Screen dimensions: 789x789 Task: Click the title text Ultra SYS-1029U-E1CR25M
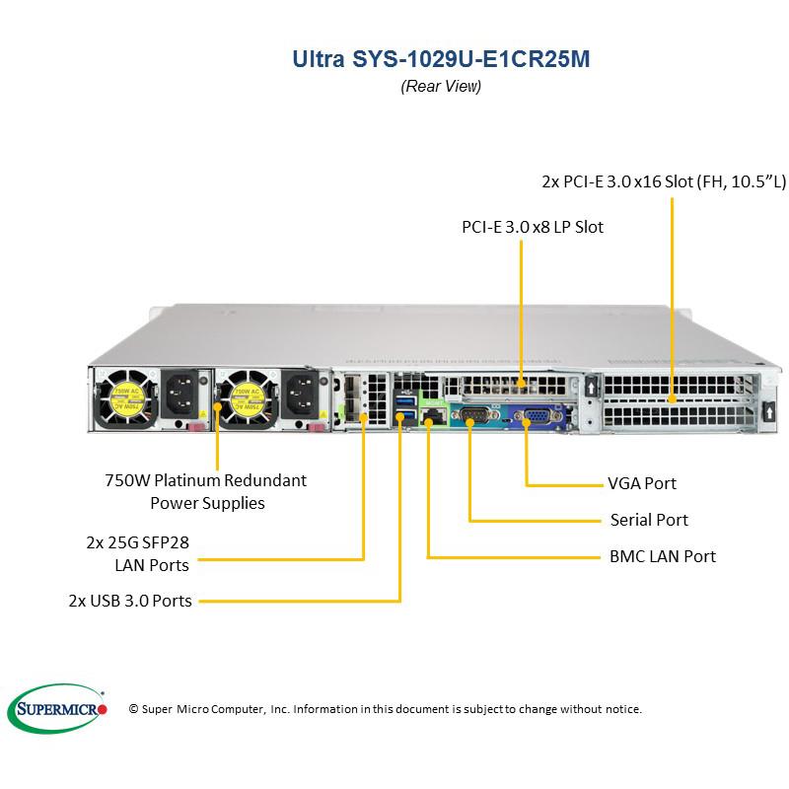click(x=441, y=59)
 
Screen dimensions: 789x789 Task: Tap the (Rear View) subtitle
click(x=441, y=87)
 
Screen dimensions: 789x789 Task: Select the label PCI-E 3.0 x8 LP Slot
click(x=533, y=227)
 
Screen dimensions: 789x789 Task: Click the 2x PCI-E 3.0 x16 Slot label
click(x=664, y=181)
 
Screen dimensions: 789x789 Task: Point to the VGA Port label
click(x=641, y=484)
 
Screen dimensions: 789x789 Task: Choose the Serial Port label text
click(x=648, y=520)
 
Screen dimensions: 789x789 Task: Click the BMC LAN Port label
click(x=662, y=556)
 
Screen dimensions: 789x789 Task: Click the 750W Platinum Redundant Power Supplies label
click(x=205, y=491)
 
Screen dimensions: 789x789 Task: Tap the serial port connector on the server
click(x=469, y=415)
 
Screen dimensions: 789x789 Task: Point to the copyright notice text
click(x=386, y=709)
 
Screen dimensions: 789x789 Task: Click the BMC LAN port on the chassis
click(x=430, y=418)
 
